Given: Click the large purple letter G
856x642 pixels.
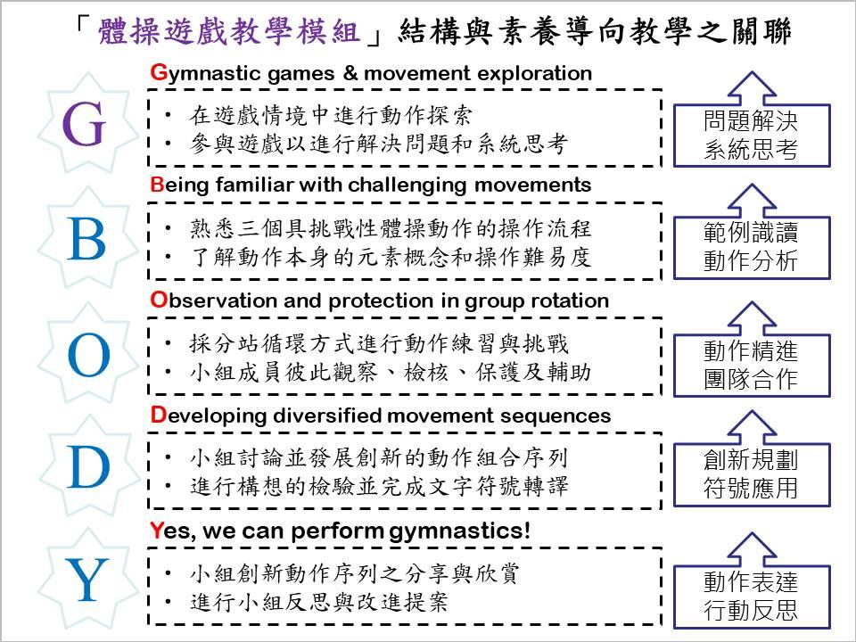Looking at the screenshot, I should (86, 128).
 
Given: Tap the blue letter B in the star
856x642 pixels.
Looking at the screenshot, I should (86, 241).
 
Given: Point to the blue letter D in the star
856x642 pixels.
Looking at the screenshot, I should (87, 468).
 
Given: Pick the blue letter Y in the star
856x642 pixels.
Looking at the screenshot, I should (87, 581).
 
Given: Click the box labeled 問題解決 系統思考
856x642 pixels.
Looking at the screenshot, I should (751, 136).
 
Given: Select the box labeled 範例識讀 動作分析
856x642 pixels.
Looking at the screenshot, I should (751, 248).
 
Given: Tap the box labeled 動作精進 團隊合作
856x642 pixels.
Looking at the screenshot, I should (751, 364).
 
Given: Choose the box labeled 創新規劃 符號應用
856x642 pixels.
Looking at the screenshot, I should (751, 474).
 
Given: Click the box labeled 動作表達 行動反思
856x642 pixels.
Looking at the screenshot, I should (751, 596).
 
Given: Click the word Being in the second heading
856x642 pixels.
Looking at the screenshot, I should (179, 185).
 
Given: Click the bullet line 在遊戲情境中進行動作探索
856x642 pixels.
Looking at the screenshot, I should (330, 116).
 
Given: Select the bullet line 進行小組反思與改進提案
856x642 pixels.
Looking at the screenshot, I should (318, 602).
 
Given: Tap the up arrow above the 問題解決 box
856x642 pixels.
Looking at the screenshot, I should (751, 87).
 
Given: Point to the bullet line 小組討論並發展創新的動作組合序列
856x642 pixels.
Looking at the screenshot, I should (379, 458).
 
